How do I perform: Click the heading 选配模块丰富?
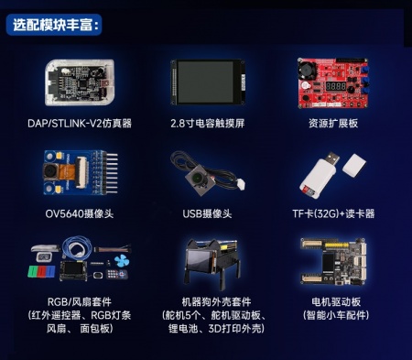tap(57, 25)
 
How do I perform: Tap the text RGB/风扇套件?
tap(79, 300)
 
